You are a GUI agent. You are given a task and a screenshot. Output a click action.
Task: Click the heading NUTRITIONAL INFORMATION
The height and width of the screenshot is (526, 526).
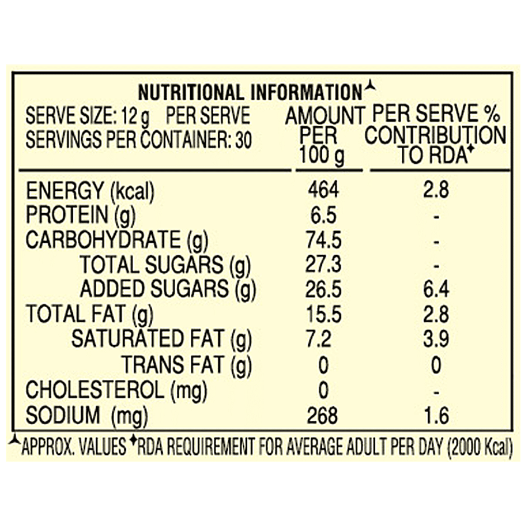pos(250,92)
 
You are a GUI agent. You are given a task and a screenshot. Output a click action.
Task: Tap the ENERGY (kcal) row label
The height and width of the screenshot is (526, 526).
pos(90,191)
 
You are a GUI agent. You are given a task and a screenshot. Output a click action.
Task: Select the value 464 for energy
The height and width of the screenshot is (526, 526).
pos(323,190)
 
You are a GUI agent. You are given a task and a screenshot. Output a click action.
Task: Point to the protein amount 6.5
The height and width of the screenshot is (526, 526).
pos(323,215)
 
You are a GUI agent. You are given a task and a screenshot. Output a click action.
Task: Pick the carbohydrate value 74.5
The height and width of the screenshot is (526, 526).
pos(323,240)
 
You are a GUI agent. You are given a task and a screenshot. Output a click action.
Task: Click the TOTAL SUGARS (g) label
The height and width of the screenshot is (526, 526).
pos(165,265)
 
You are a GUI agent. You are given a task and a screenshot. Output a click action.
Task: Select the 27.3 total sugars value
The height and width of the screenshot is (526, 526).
pos(323,265)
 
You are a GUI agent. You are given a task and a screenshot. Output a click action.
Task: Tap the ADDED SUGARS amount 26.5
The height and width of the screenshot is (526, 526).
pos(323,289)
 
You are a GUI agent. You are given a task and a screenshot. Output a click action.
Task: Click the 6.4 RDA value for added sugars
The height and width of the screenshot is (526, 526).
pos(436,289)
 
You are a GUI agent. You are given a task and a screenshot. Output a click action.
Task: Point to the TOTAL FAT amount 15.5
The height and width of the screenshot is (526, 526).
pos(323,314)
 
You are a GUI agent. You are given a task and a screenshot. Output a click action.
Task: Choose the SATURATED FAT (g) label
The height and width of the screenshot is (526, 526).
pos(161,339)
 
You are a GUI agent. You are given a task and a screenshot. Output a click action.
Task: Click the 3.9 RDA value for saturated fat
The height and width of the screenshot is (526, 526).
pos(436,339)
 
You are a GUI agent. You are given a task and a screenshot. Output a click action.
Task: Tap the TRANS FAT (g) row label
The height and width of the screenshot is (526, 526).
pos(187,365)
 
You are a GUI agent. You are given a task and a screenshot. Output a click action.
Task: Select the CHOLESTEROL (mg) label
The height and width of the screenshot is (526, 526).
pos(116,390)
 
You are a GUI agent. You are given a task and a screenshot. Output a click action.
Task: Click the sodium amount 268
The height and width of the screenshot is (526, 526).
pos(323,416)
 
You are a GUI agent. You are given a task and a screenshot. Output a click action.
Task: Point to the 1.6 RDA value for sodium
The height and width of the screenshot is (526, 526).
pos(436,416)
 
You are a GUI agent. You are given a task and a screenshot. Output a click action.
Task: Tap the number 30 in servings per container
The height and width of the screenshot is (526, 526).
pos(243,140)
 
